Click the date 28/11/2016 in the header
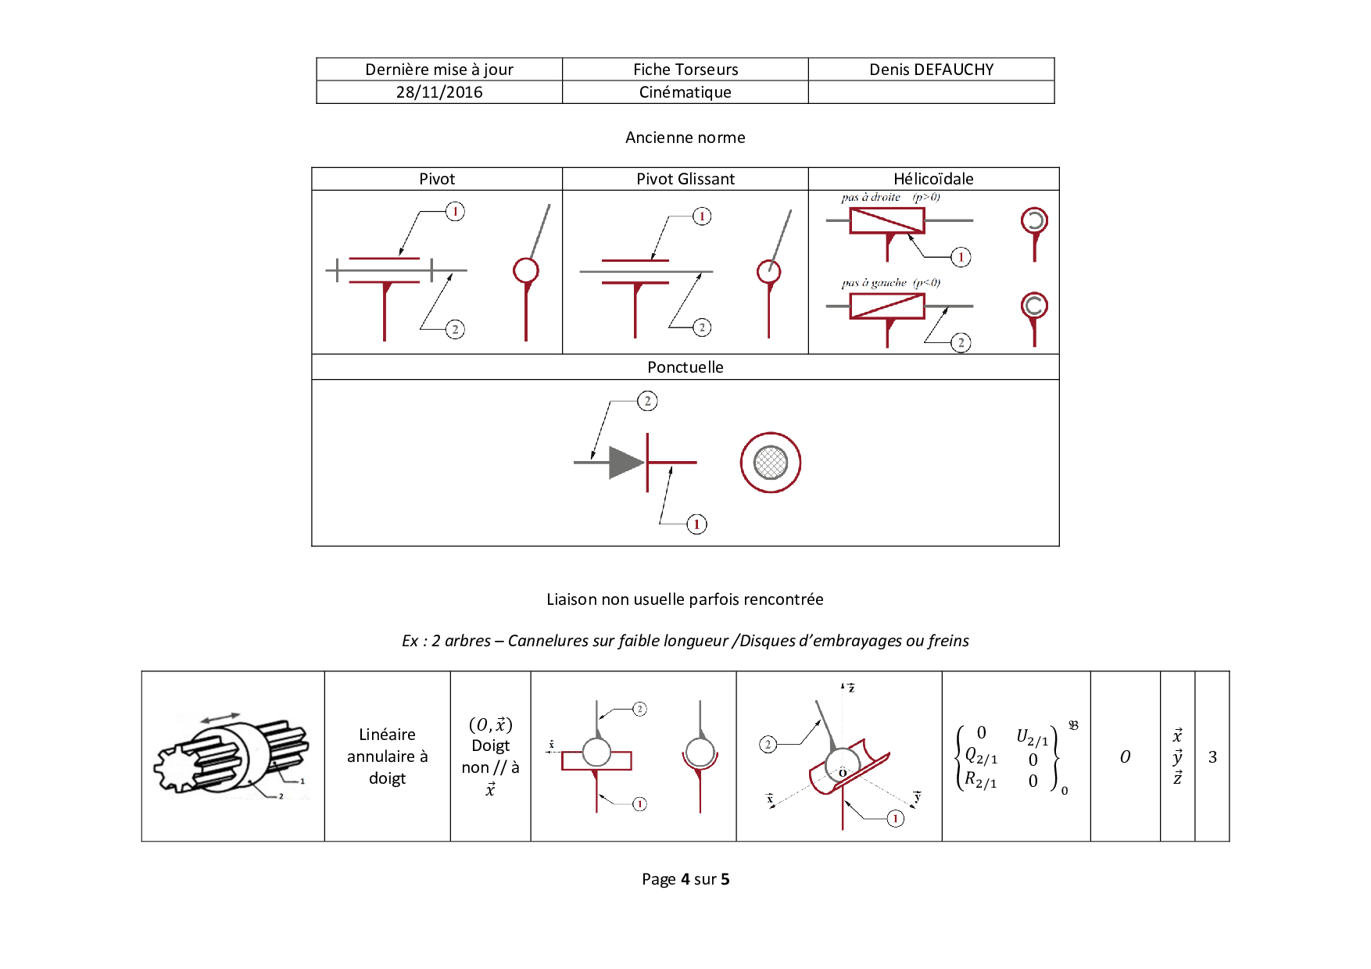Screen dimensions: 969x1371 [439, 92]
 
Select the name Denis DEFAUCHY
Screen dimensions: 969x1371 [931, 70]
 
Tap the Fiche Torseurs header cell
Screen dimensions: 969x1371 [685, 70]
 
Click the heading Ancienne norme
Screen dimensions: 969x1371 [685, 138]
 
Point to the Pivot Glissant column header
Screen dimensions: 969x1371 [685, 179]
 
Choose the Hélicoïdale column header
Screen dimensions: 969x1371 [933, 179]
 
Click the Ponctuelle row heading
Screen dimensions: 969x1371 [685, 367]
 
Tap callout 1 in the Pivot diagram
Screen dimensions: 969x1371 [455, 212]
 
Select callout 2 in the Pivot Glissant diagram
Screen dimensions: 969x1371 [702, 327]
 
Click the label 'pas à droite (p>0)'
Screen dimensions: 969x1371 [890, 198]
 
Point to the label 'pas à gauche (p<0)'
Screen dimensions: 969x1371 [890, 283]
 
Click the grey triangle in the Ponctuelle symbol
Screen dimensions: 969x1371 [625, 463]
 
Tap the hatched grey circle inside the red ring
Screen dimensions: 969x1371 [771, 463]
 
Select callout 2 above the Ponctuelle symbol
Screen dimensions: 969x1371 [647, 402]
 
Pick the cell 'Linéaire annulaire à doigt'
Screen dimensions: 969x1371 [387, 756]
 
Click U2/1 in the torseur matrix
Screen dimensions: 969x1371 [1032, 736]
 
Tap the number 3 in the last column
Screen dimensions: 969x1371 [1212, 757]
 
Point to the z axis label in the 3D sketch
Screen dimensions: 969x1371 [851, 688]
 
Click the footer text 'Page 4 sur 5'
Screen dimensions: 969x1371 [685, 879]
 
